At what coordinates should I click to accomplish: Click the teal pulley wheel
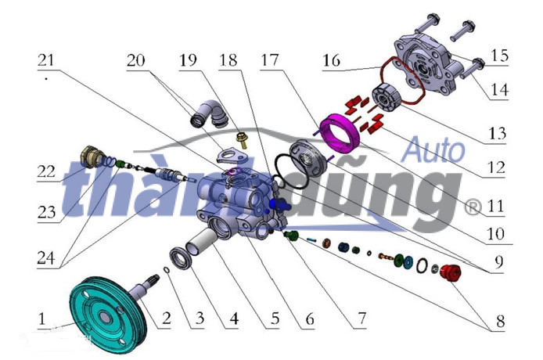108,315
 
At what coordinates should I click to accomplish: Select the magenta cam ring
340,133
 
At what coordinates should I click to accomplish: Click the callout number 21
46,60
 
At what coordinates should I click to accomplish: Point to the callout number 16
332,60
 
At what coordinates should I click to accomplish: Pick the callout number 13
498,133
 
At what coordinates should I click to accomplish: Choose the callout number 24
46,257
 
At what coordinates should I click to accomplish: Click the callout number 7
361,318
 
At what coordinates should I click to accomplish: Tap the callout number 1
42,318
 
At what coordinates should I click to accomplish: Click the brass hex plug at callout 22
91,157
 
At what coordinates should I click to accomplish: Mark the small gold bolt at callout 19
242,139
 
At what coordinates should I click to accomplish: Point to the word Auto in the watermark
434,150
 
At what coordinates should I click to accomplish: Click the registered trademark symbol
473,207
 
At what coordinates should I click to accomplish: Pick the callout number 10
496,234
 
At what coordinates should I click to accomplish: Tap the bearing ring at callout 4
181,259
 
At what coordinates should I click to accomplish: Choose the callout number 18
228,60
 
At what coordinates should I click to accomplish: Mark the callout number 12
497,167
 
